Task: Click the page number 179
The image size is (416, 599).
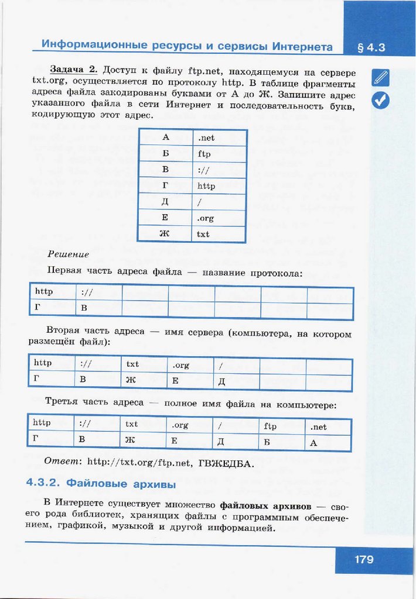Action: pyautogui.click(x=363, y=560)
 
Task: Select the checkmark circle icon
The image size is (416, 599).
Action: pyautogui.click(x=380, y=101)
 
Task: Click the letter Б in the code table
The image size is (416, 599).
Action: pyautogui.click(x=165, y=154)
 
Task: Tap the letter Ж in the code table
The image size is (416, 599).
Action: pyautogui.click(x=165, y=235)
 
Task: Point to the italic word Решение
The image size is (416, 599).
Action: pyautogui.click(x=68, y=254)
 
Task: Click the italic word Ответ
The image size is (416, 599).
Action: pyautogui.click(x=63, y=462)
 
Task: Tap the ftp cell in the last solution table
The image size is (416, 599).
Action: pyautogui.click(x=270, y=426)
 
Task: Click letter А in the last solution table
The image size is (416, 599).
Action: pyautogui.click(x=313, y=443)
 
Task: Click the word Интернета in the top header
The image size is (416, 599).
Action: pyautogui.click(x=291, y=46)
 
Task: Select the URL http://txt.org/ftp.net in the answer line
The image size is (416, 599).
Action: pyautogui.click(x=139, y=463)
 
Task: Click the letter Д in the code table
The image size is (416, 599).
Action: pyautogui.click(x=165, y=202)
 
